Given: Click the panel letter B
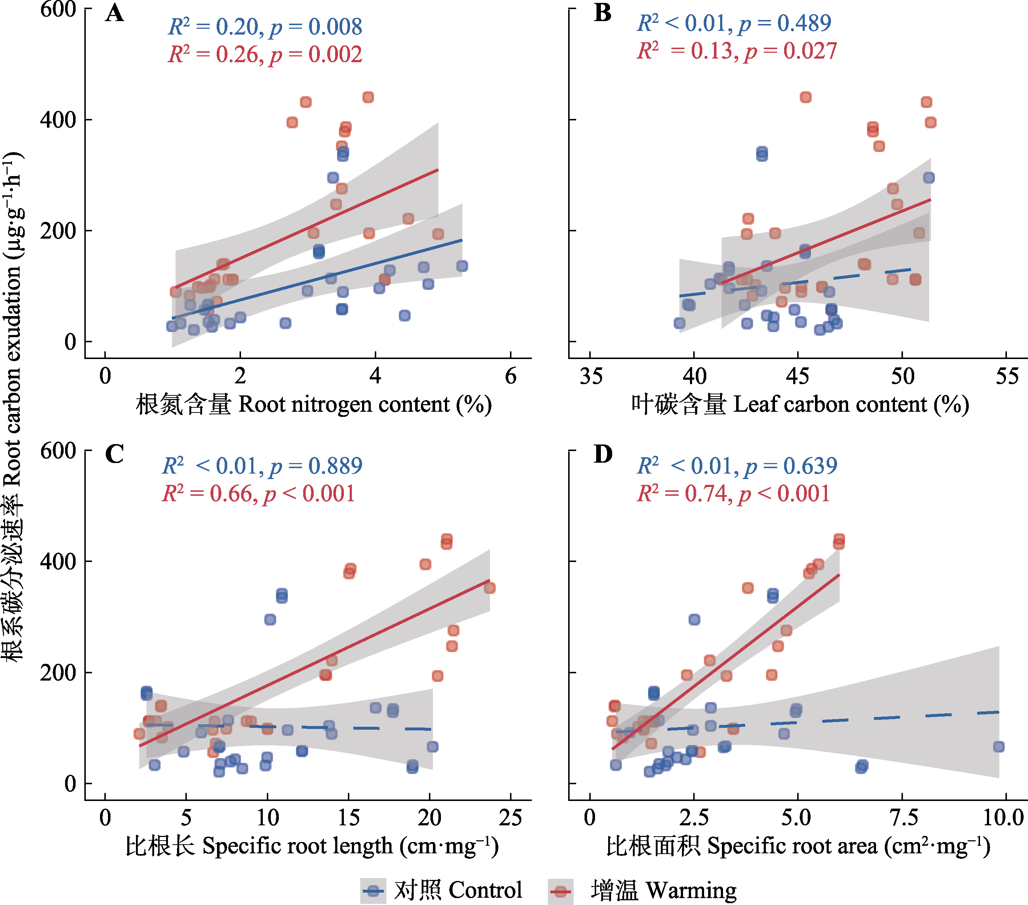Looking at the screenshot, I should [x=603, y=13].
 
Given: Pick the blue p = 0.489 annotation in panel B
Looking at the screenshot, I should [x=784, y=23].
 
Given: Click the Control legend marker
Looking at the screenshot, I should [x=373, y=891].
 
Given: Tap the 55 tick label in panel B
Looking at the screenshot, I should [x=1007, y=376].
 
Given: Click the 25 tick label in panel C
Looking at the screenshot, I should [x=510, y=818].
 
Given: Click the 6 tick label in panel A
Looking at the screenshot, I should [x=510, y=376].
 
